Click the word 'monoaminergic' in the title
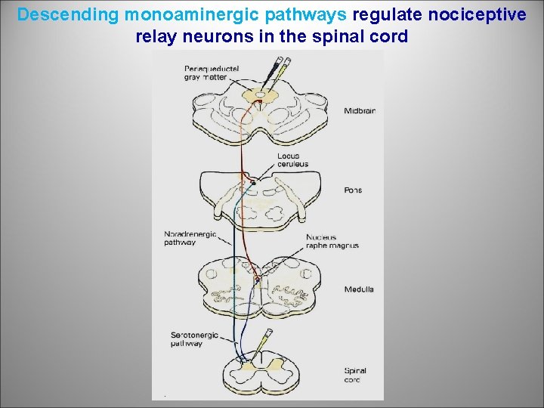(x=174, y=14)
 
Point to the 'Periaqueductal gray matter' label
(x=212, y=73)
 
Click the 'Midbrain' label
(x=360, y=111)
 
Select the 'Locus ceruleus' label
(x=292, y=160)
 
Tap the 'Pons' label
(x=353, y=190)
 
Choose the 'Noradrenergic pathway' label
(x=190, y=238)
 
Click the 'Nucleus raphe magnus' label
(x=332, y=241)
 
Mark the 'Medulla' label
(x=359, y=289)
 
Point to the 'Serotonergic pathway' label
(x=187, y=339)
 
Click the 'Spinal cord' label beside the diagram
(x=356, y=375)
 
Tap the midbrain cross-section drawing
(x=261, y=113)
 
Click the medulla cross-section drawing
(x=261, y=287)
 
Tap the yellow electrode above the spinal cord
(x=266, y=340)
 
